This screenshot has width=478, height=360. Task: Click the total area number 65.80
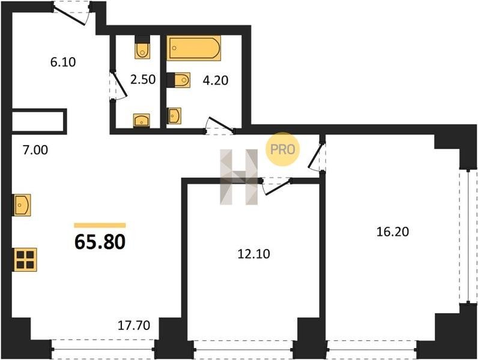point(100,242)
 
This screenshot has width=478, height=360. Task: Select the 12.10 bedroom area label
point(253,254)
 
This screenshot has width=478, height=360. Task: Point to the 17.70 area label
point(134,325)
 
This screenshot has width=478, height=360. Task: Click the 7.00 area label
point(35,150)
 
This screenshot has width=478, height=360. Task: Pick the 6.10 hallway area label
point(63,62)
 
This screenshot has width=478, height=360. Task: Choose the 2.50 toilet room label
point(143,79)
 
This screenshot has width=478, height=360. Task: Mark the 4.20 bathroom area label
point(216,80)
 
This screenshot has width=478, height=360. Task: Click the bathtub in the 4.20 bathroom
point(194,48)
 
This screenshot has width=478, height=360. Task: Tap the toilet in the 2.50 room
point(142,47)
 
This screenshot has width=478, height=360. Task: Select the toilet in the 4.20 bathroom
point(179,80)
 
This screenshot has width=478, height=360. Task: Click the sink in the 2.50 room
point(142,121)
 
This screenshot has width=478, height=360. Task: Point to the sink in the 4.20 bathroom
point(174,116)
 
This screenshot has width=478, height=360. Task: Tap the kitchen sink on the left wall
point(22,205)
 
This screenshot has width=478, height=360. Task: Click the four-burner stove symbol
point(25,260)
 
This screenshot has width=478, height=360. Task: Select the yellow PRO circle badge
point(283,149)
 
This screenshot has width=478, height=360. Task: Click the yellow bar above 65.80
point(100,226)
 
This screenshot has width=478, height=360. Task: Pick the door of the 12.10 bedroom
point(276,186)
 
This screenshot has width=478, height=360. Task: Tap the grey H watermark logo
point(239,176)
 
